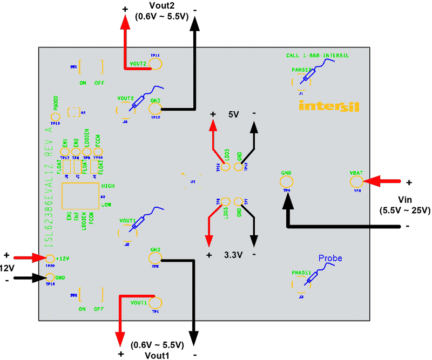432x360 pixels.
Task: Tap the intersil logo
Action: (x=328, y=106)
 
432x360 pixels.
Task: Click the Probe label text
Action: (x=330, y=259)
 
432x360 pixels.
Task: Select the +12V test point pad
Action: (x=51, y=259)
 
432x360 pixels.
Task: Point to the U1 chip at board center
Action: (x=193, y=182)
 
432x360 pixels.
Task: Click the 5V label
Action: (x=233, y=114)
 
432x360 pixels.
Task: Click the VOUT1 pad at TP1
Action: (x=156, y=303)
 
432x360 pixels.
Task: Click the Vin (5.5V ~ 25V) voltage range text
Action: (x=405, y=205)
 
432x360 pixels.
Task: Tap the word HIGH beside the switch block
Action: (x=107, y=186)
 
